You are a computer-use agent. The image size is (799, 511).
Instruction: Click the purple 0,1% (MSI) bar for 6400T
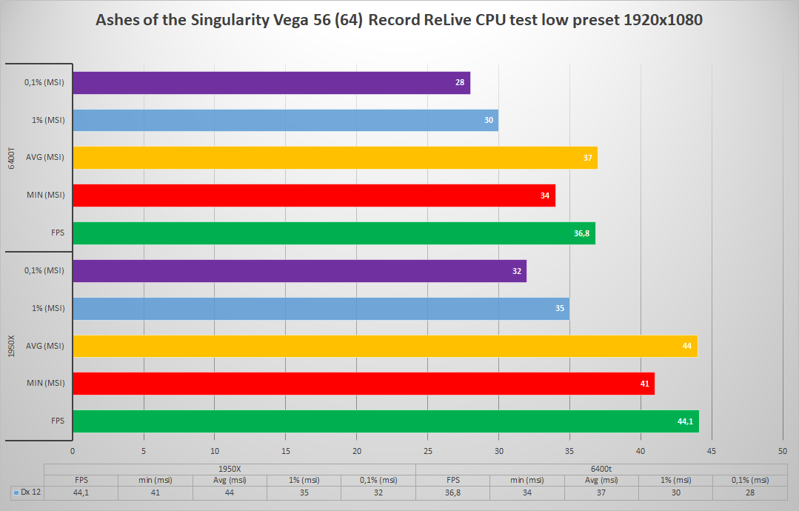pos(271,83)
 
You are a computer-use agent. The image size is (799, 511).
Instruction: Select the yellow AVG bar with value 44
pos(385,346)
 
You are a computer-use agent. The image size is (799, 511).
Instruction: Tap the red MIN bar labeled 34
pos(313,196)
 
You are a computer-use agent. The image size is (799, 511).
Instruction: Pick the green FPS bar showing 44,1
pos(385,421)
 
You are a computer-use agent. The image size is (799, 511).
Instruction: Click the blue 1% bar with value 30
pos(285,120)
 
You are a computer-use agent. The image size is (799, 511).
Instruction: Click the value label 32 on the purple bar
pos(517,271)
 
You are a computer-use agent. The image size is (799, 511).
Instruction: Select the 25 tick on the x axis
pos(427,450)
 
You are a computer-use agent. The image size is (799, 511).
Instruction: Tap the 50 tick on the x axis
pos(783,450)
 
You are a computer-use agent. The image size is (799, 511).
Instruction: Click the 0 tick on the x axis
pos(73,450)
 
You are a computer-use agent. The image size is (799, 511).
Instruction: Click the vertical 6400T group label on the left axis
pos(10,158)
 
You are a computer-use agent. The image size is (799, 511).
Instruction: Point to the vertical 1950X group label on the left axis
pos(10,346)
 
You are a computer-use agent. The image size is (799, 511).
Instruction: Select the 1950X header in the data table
pos(230,469)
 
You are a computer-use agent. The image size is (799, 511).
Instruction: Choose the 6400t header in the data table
pos(601,469)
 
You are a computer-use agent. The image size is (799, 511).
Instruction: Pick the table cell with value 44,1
pos(81,492)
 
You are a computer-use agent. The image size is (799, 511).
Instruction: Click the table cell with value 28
pos(749,492)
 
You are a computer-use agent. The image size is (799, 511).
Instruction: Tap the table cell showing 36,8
pos(452,492)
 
